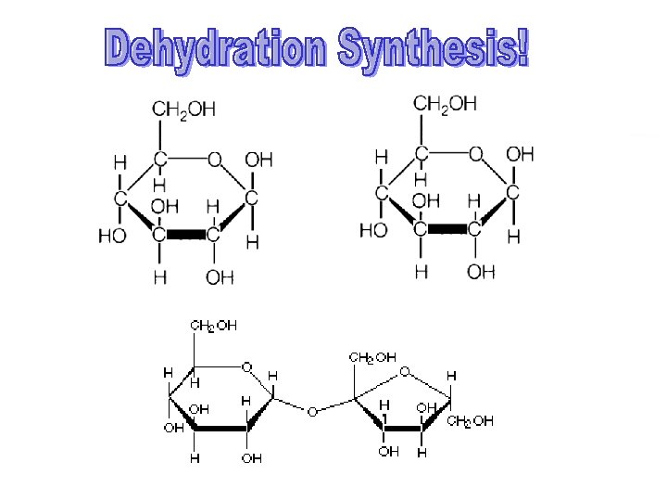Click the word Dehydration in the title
tap(216, 49)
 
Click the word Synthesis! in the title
tap(434, 48)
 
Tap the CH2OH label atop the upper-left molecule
tap(184, 109)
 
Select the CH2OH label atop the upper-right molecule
tap(445, 104)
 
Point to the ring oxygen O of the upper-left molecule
tap(214, 160)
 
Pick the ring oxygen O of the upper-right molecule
tap(476, 153)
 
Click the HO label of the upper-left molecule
tap(112, 236)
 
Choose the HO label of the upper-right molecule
tap(373, 229)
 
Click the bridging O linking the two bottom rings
tap(312, 410)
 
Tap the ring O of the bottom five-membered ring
tap(404, 372)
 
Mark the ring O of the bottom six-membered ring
tap(246, 367)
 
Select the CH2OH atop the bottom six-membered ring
tap(214, 326)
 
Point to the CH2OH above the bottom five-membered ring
tap(373, 356)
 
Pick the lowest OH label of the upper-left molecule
tap(220, 277)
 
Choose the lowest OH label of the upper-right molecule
tap(481, 271)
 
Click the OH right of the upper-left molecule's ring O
tap(258, 160)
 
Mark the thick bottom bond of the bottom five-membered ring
tap(402, 429)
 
